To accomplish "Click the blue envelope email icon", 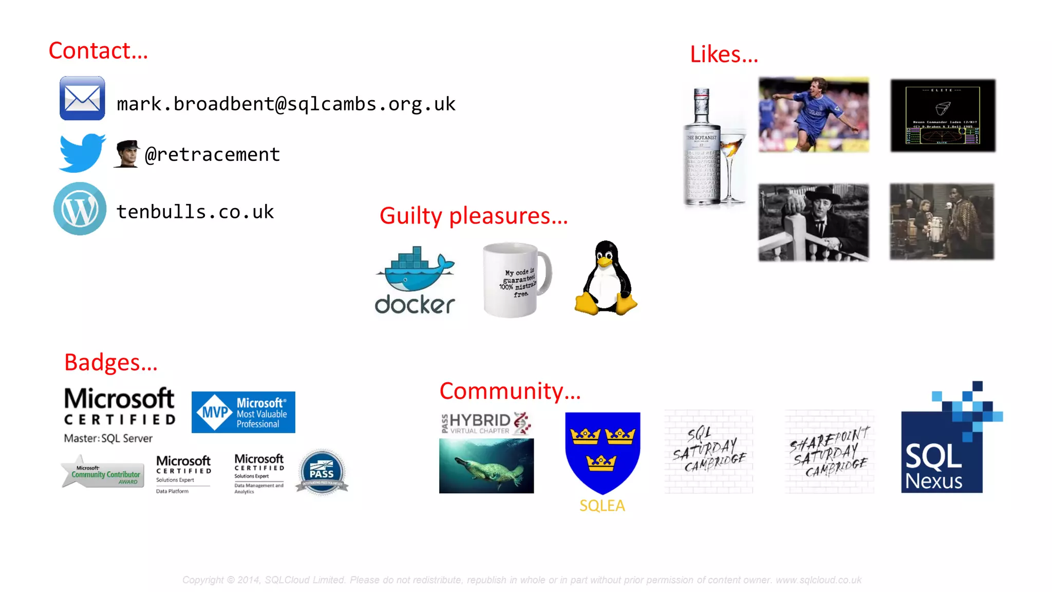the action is click(x=82, y=98).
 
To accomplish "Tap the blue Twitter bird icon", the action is click(x=82, y=153).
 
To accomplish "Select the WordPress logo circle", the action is click(x=80, y=209).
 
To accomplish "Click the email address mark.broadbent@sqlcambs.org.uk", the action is click(x=286, y=104).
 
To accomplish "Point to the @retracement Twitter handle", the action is click(x=212, y=154).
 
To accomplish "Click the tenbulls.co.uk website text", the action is click(x=195, y=211).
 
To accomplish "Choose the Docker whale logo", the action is click(x=415, y=281).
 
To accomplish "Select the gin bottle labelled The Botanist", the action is click(x=701, y=149).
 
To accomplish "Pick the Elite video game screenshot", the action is click(x=943, y=115).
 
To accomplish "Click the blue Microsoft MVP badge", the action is click(x=243, y=412).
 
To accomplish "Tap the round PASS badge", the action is click(x=322, y=472).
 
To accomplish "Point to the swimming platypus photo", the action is click(x=486, y=466).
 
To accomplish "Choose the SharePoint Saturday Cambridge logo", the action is click(x=829, y=452).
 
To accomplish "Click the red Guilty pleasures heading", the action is click(x=473, y=216).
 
